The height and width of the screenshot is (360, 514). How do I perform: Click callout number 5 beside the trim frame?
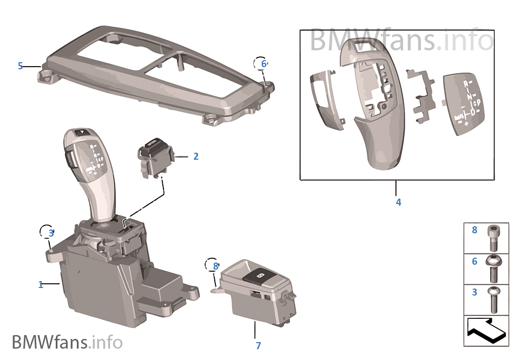(21, 66)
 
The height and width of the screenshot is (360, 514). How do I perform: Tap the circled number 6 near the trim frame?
(263, 64)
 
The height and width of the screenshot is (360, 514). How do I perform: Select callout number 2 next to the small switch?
(196, 156)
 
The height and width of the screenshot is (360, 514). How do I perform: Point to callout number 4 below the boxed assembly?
(399, 202)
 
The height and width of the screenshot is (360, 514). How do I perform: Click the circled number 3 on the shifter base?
(51, 233)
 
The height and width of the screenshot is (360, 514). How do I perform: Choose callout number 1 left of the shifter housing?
(41, 285)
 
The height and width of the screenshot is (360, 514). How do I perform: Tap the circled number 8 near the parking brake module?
(215, 266)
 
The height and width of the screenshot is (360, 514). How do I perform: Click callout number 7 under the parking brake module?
(258, 345)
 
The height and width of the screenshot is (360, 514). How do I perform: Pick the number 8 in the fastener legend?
(475, 230)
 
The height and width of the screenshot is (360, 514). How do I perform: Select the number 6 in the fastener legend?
(475, 261)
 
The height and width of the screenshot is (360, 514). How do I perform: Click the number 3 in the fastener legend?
(475, 292)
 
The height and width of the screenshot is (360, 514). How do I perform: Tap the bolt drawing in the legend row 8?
(493, 237)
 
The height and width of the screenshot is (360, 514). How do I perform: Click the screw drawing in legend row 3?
(493, 299)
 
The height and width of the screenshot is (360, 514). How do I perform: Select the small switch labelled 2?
(155, 157)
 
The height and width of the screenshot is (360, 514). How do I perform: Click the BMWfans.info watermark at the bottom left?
(67, 342)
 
